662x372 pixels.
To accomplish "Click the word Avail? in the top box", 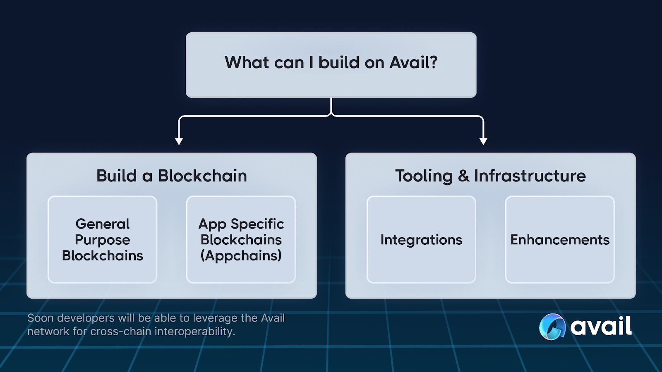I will pos(413,63).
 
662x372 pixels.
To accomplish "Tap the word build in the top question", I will pos(339,63).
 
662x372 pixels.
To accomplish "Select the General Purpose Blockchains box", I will pos(102,240).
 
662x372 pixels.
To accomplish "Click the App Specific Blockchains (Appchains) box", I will pos(241,240).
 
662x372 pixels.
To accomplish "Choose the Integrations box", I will pos(421,240).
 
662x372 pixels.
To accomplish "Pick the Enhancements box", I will pos(560,240).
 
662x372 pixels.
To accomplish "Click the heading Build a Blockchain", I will pos(172,176).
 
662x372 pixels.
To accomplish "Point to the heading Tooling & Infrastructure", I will pos(490,176).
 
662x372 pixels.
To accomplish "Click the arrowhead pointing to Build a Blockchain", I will pos(179,141).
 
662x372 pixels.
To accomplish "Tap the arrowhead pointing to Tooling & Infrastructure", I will pos(483,141).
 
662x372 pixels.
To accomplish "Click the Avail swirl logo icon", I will pos(552,327).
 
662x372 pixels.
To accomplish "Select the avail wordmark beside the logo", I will pos(601,327).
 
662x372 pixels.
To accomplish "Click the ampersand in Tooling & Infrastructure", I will pos(463,176).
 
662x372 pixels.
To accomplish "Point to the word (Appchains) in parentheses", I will pos(241,256).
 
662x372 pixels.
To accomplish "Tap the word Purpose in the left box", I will pos(102,240).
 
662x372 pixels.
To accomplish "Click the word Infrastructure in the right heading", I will pos(530,176).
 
